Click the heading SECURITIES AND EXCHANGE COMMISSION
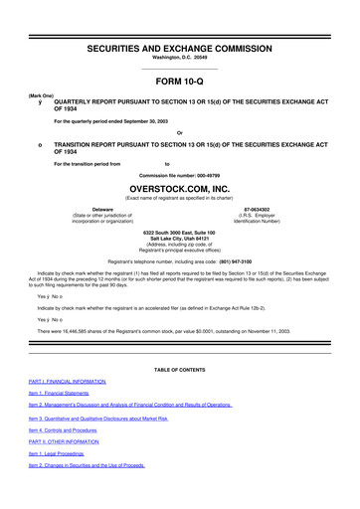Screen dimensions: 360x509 pyautogui.click(x=180, y=19)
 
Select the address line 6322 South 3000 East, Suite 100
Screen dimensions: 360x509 pyautogui.click(x=180, y=233)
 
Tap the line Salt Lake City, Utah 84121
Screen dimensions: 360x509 pyautogui.click(x=180, y=240)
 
